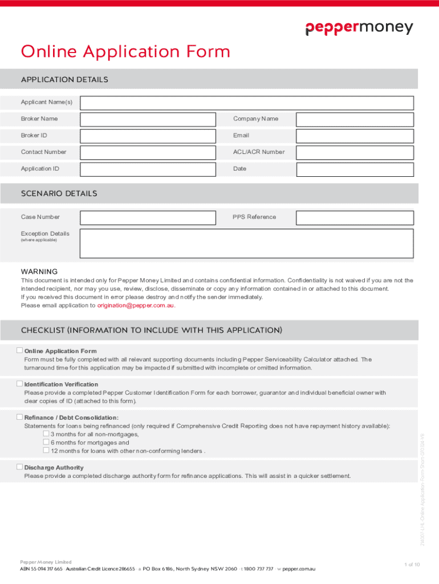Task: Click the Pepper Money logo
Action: coord(359,29)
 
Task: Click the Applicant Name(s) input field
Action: coord(246,103)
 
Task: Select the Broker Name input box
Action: coord(148,119)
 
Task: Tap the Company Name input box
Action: coord(355,119)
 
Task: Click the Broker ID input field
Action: coord(148,136)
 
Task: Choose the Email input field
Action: coord(355,136)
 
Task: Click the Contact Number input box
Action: coord(148,152)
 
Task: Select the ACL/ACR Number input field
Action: coord(355,152)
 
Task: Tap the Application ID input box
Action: coord(148,169)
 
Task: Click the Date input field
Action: coord(355,169)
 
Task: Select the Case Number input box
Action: coord(148,217)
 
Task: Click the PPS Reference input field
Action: coord(355,217)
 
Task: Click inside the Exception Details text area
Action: coord(246,244)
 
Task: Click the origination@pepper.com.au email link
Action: coord(136,305)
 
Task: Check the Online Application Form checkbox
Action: coord(19,350)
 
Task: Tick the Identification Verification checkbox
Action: coord(19,383)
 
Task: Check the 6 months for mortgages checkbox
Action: coord(46,442)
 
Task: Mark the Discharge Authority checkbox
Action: coord(19,467)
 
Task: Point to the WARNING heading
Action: coord(39,271)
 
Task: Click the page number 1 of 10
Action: coord(412,565)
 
